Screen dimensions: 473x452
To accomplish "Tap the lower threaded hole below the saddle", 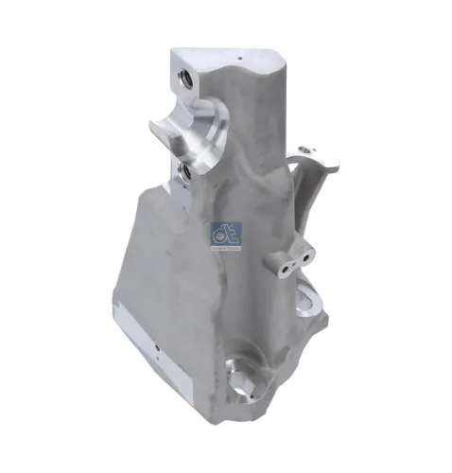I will click(x=183, y=170).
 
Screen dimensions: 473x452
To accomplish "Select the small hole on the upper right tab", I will click(x=304, y=149).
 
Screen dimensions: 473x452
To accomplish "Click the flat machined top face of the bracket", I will click(x=227, y=59).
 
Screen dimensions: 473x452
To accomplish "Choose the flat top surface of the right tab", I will click(x=318, y=153).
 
